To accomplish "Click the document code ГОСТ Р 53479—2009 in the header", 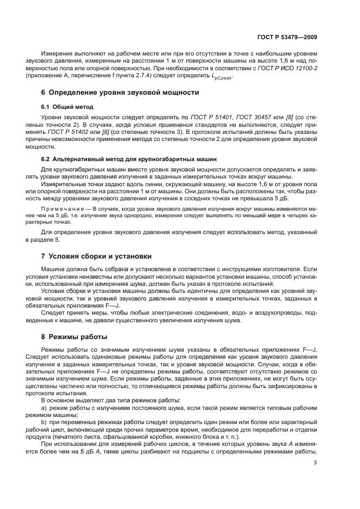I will [x=287, y=37].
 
